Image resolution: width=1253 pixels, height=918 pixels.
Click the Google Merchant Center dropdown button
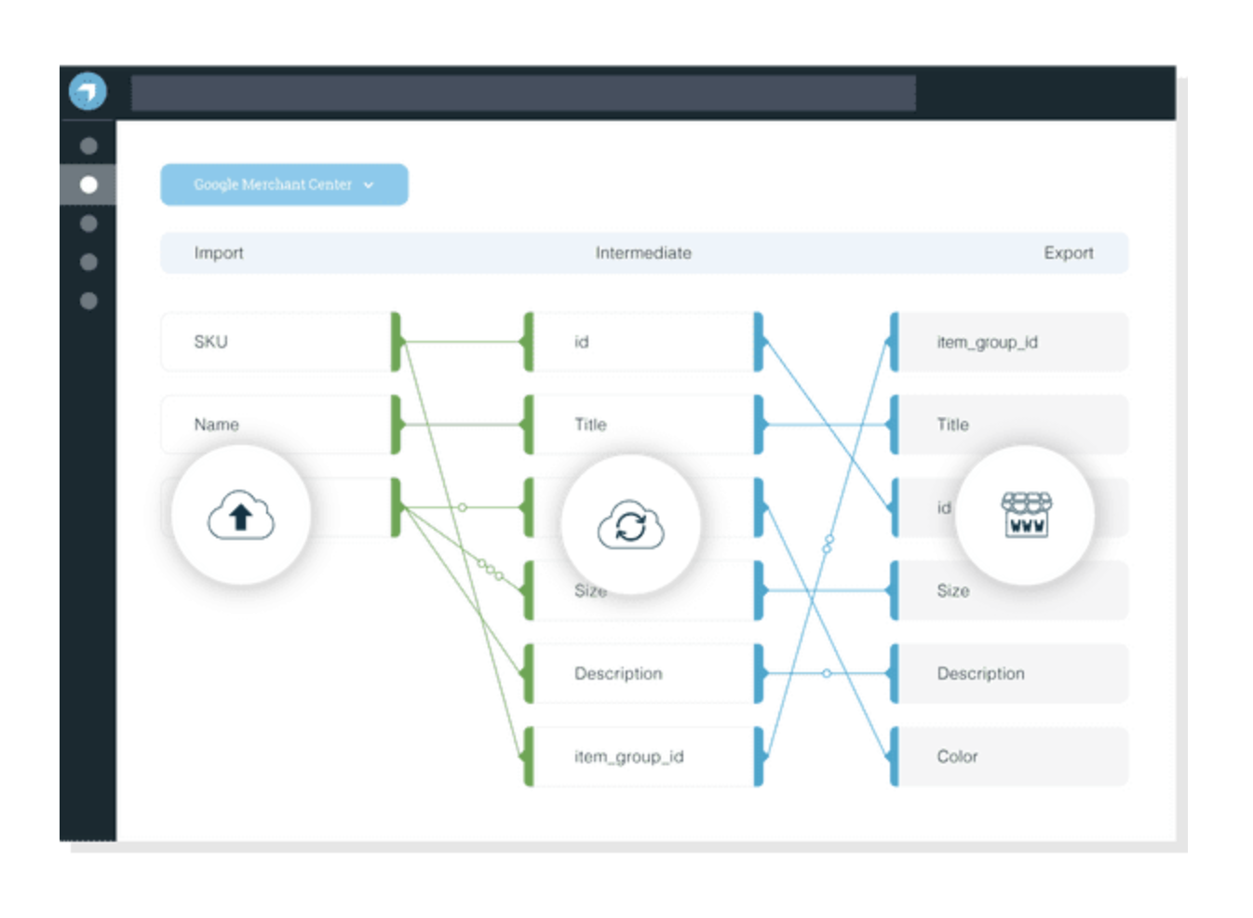(x=283, y=184)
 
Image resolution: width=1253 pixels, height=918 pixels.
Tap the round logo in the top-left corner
(x=88, y=91)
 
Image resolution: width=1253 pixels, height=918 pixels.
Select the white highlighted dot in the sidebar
(x=88, y=184)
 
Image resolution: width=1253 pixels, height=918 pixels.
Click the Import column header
(x=219, y=253)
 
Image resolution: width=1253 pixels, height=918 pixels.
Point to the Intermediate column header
(x=643, y=253)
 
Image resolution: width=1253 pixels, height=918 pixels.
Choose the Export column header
(x=1068, y=253)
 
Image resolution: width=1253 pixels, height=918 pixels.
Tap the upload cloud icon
(x=241, y=515)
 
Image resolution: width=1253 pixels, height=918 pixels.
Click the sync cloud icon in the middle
(x=630, y=525)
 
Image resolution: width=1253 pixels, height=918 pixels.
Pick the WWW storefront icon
(x=1026, y=515)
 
